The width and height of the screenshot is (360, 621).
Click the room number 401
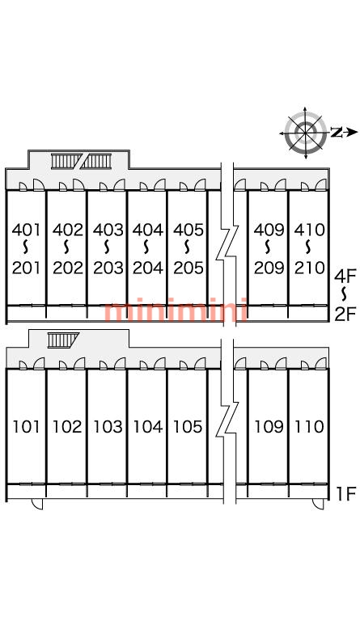(26, 230)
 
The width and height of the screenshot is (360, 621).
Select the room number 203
(108, 268)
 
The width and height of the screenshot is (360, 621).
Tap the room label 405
(188, 230)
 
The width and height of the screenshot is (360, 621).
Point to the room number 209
(269, 268)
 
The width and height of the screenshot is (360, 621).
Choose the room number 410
(309, 230)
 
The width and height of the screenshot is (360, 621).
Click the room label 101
(26, 427)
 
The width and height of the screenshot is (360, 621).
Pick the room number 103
(108, 427)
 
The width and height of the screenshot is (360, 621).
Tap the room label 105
(188, 427)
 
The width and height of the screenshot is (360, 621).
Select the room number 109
(269, 427)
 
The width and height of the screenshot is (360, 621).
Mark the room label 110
(309, 427)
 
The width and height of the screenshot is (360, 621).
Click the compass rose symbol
(305, 133)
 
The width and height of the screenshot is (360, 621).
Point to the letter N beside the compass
(337, 133)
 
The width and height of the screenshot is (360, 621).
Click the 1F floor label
(346, 493)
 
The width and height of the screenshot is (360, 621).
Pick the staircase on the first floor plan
(62, 340)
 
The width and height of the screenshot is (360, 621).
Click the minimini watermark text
(176, 310)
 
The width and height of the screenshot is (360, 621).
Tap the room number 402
(68, 230)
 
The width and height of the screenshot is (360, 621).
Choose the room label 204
(148, 268)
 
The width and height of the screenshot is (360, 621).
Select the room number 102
(67, 427)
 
